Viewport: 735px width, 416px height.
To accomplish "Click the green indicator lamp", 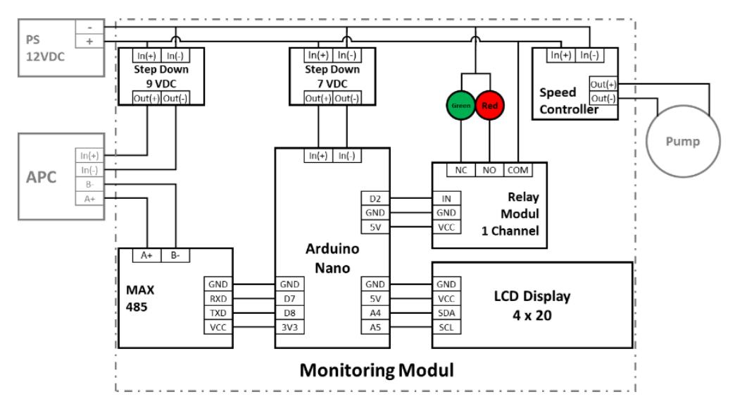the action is (x=460, y=105).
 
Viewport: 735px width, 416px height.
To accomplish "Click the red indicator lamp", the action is (x=490, y=105).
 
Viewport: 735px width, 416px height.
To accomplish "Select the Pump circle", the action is (x=683, y=141).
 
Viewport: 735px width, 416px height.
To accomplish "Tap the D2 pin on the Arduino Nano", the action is (x=375, y=199).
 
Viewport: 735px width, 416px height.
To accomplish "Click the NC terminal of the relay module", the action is (x=460, y=170).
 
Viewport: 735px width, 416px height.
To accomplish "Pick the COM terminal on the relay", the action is (x=518, y=170).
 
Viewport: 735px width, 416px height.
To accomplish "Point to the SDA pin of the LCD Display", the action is (x=446, y=313).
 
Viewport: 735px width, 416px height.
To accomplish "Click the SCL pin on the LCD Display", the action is (x=446, y=327).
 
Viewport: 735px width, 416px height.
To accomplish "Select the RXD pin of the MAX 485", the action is (x=218, y=299).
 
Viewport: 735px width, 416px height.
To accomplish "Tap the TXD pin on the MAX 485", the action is (x=218, y=313).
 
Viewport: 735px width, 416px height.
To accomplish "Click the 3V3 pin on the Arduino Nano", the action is (x=289, y=327).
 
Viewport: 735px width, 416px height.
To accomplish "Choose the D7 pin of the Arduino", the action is (x=289, y=299).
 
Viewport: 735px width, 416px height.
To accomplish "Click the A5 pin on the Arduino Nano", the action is (x=375, y=327).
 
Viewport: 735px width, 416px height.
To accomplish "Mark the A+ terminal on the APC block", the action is (x=89, y=199).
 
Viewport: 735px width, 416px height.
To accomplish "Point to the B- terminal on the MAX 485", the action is (x=175, y=255).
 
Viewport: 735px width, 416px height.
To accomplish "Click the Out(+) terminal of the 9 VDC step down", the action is (x=146, y=98).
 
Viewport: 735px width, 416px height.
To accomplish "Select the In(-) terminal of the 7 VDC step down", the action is (x=347, y=56).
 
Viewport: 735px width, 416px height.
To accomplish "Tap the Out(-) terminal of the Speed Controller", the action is (x=603, y=99).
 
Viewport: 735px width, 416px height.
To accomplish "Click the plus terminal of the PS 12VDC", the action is (x=89, y=42).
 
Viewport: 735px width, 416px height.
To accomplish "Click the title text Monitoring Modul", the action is (x=377, y=370).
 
